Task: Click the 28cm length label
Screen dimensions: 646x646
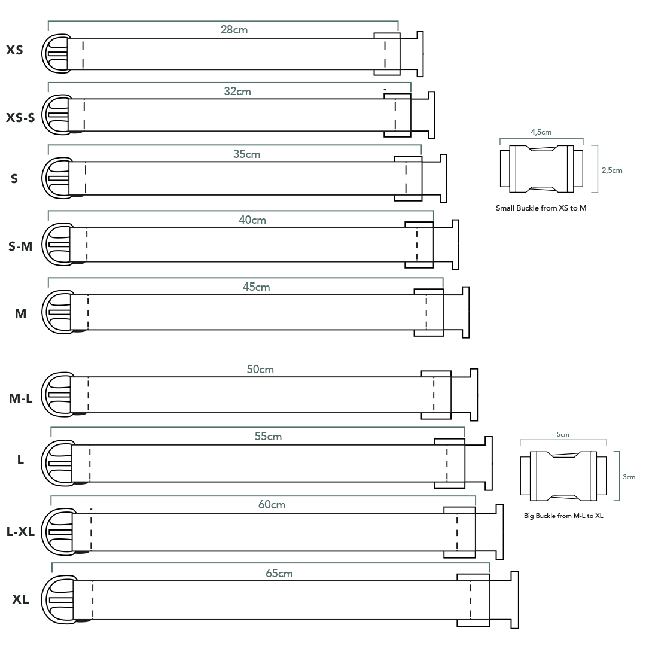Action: tap(234, 30)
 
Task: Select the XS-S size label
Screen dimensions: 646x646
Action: tap(20, 118)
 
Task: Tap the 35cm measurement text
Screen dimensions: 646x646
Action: tap(247, 154)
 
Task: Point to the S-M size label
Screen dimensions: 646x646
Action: tap(20, 246)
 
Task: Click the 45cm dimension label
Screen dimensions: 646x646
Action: tap(256, 287)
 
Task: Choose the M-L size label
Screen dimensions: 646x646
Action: tap(20, 398)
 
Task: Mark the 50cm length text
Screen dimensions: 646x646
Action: tap(260, 369)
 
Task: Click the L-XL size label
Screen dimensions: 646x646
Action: tap(20, 532)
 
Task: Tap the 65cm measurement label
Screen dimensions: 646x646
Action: tap(279, 574)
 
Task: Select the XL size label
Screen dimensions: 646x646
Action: tap(20, 599)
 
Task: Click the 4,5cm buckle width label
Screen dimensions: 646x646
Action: tap(541, 132)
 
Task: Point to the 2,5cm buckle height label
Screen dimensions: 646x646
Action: tap(612, 170)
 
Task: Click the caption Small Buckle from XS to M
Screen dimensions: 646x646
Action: tap(541, 208)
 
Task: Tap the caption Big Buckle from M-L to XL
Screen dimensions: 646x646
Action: tap(563, 516)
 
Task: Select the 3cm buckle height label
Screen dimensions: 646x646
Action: tap(629, 477)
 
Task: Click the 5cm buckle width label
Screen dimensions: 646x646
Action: tap(563, 435)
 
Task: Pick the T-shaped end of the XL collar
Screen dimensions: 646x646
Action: tap(514, 600)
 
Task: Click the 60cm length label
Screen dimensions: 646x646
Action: tap(272, 505)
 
